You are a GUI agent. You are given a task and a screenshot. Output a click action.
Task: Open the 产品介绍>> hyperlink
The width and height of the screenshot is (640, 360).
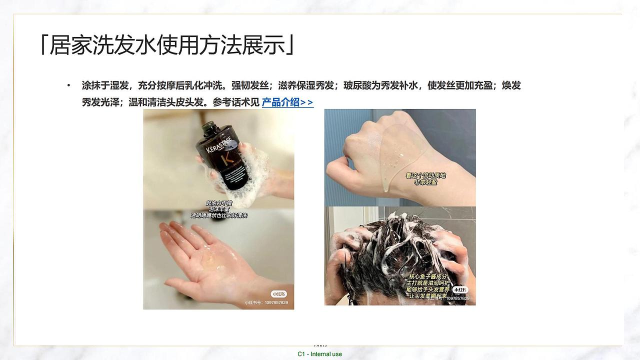[x=287, y=102]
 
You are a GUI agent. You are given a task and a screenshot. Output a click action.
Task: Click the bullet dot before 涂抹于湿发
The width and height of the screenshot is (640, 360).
[x=69, y=86]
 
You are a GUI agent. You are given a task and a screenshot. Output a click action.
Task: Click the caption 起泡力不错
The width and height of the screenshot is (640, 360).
[x=219, y=203]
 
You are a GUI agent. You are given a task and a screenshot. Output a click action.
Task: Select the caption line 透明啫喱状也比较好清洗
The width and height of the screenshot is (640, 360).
[x=219, y=215]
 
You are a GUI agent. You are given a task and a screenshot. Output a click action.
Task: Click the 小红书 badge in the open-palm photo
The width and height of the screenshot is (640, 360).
[x=278, y=294]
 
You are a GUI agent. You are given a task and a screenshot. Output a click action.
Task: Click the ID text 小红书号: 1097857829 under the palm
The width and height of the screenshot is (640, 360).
[x=266, y=302]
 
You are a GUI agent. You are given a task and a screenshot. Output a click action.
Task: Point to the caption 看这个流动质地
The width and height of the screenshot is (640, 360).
[x=425, y=175]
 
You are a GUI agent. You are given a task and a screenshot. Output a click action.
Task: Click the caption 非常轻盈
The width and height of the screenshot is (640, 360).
[x=425, y=182]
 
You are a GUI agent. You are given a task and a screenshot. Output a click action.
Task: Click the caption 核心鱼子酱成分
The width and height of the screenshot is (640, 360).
[x=429, y=276]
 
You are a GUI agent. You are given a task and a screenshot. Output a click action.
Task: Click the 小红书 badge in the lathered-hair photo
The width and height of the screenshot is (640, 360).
[x=460, y=289]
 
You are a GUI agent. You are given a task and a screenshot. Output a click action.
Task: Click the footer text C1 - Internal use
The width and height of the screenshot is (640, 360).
[x=319, y=354]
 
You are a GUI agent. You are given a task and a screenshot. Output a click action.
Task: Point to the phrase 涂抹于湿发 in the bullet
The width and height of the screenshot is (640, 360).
[x=102, y=85]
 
